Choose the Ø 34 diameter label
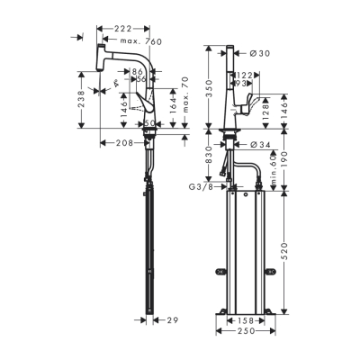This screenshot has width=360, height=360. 260,143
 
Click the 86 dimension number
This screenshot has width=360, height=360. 140,70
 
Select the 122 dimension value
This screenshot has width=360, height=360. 245,76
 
